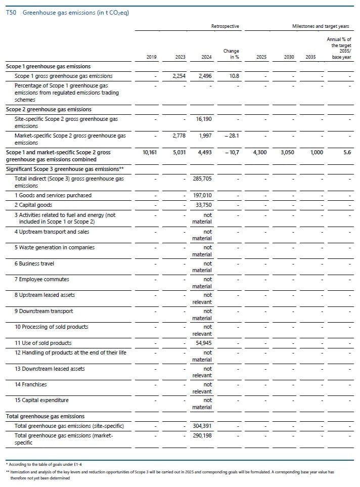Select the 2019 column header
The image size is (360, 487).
tap(151, 57)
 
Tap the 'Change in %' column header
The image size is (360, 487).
tap(231, 54)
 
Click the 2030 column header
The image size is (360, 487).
tap(289, 57)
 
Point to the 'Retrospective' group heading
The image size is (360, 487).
tap(225, 26)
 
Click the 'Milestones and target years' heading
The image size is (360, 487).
tap(321, 26)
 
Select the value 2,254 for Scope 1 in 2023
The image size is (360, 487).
tap(179, 76)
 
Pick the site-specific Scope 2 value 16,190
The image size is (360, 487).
tap(204, 119)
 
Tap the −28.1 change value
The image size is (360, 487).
tap(232, 136)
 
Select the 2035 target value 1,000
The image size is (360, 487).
tap(317, 152)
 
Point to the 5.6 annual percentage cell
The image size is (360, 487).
tap(347, 152)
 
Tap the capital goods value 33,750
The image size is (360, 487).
tap(204, 205)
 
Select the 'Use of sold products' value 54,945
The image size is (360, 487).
tap(204, 343)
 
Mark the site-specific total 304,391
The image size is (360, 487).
tap(202, 426)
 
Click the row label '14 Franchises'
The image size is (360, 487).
tap(31, 384)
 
